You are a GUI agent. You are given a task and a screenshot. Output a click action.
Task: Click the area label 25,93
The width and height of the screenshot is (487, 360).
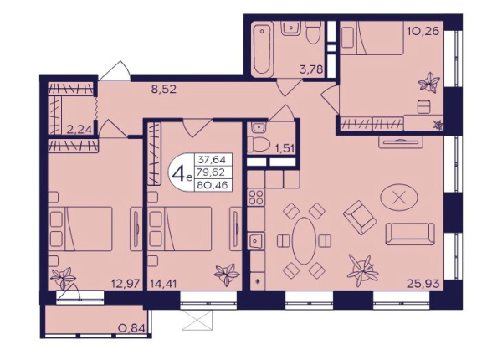(423, 283)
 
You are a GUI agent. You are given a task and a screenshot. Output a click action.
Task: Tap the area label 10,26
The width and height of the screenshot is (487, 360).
(423, 31)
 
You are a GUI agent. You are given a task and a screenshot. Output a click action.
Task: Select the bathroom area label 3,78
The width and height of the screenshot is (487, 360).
(311, 69)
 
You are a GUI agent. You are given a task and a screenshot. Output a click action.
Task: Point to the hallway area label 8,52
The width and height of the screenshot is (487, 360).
(164, 90)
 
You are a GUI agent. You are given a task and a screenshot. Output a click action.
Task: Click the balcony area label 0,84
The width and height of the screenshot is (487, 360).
(132, 327)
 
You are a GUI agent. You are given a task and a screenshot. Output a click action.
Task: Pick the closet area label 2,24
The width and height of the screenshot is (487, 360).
(79, 129)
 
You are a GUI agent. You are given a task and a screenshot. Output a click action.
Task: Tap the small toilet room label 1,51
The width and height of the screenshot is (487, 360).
(284, 147)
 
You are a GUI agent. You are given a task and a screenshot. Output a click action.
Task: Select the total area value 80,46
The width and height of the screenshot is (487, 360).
(213, 185)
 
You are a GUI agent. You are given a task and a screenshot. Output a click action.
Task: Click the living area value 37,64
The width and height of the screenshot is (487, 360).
(213, 160)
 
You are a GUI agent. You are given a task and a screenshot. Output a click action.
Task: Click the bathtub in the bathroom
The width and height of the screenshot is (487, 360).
(262, 49)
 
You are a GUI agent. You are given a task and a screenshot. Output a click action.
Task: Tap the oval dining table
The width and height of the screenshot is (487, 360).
(304, 240)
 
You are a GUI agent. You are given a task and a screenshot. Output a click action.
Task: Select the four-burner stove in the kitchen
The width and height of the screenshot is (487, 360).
(256, 197)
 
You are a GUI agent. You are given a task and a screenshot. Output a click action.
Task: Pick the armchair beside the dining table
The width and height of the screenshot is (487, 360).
(360, 218)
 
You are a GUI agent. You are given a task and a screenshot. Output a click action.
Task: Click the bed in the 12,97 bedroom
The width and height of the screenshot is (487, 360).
(81, 229)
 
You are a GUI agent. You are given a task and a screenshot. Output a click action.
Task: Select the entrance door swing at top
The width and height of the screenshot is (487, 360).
(115, 71)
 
